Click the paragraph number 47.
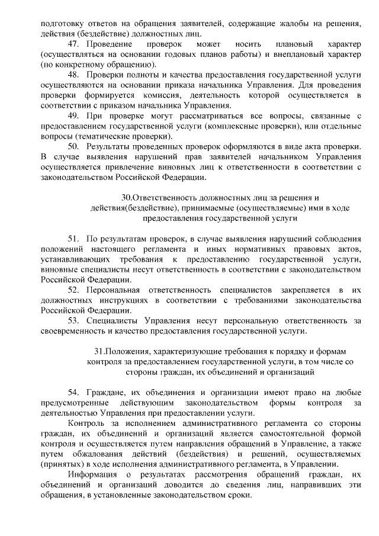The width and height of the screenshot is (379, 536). (x=73, y=44)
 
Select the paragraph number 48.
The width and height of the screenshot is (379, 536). (x=73, y=75)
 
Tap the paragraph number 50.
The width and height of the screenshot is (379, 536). (x=73, y=146)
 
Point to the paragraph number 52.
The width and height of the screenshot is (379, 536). (x=73, y=290)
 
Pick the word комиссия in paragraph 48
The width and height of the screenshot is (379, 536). (x=170, y=95)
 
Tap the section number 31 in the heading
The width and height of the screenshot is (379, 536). (x=99, y=351)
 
